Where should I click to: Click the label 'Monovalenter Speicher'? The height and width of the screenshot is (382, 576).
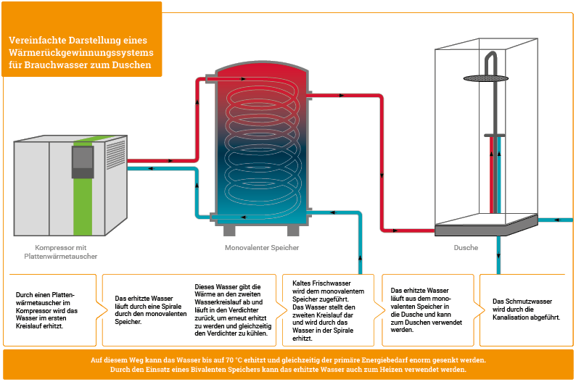coord(262,248)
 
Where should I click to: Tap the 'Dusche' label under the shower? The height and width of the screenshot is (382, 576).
coord(466,248)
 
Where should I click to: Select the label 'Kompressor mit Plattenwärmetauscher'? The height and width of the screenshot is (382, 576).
coord(61,252)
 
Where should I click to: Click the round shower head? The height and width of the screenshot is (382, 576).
coord(485,78)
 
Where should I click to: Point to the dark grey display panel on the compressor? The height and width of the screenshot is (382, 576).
coord(83,162)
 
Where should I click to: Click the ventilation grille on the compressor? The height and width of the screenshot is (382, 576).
coord(115,154)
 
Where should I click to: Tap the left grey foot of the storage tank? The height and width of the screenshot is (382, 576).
coord(229,231)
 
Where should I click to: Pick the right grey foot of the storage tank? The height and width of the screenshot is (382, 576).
coord(293,231)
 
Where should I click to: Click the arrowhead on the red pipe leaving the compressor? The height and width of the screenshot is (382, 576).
coord(170,161)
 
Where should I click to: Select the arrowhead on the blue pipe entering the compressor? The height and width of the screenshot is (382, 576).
coord(151,168)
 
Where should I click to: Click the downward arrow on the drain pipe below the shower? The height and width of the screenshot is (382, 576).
coord(498,255)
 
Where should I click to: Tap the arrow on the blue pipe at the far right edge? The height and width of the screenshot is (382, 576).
coord(557,220)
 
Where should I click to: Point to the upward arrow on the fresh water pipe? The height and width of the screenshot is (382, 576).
coord(360,258)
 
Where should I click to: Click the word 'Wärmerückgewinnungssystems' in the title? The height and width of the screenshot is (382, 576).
coord(81,52)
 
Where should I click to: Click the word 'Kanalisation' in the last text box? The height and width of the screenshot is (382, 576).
coord(509,317)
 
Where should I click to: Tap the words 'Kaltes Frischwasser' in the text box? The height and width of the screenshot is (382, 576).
coord(321,283)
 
